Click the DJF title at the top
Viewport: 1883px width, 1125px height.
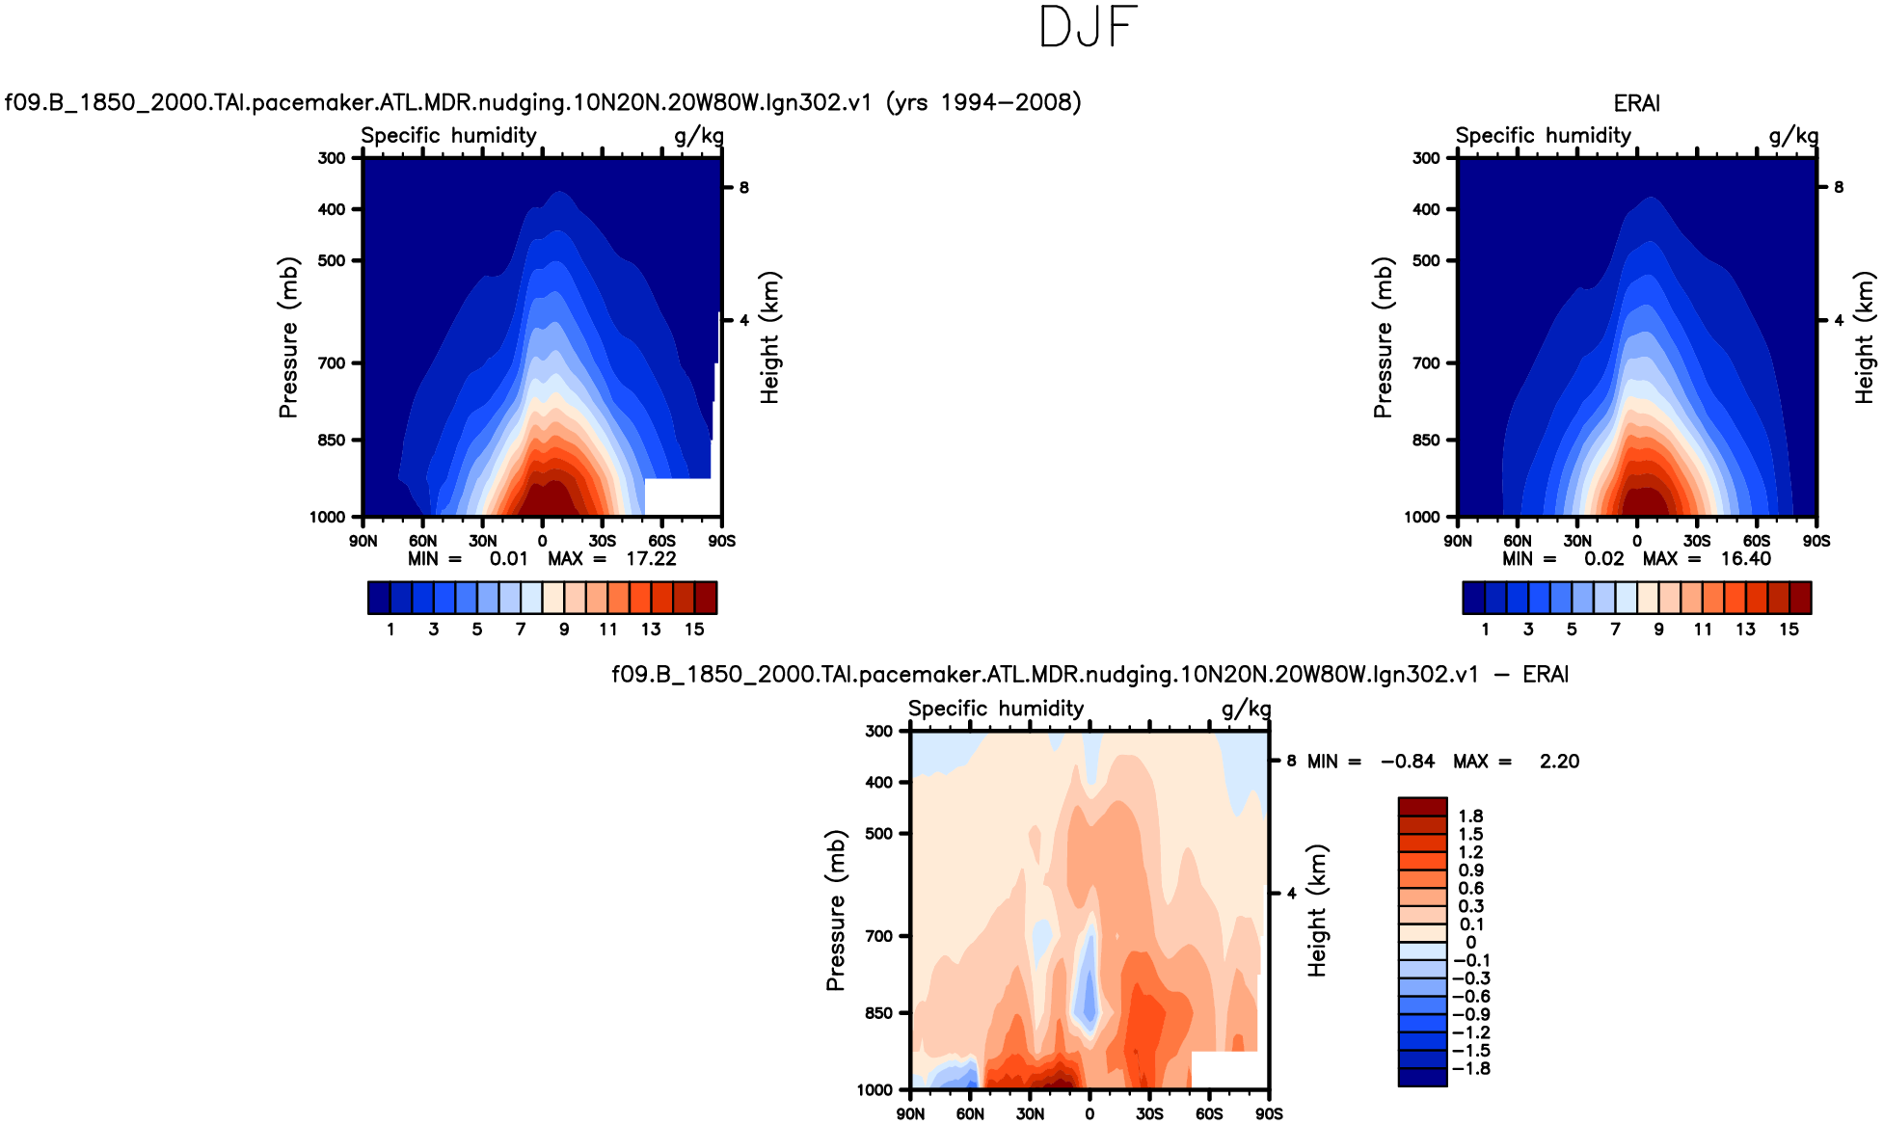pyautogui.click(x=1089, y=27)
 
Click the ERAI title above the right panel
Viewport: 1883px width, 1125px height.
pyautogui.click(x=1636, y=103)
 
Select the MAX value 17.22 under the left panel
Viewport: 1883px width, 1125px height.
pyautogui.click(x=651, y=559)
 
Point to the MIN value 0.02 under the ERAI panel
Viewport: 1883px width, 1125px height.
pyautogui.click(x=1603, y=559)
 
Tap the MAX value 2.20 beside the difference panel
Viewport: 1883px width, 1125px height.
pyautogui.click(x=1559, y=762)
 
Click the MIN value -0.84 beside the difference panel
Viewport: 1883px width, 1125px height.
pyautogui.click(x=1408, y=762)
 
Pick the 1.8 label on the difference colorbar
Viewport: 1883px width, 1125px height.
pyautogui.click(x=1470, y=817)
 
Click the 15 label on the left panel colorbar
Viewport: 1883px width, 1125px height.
pyautogui.click(x=694, y=629)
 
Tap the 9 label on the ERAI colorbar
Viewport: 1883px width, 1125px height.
pyautogui.click(x=1658, y=629)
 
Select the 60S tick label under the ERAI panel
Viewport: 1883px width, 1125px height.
pyautogui.click(x=1757, y=541)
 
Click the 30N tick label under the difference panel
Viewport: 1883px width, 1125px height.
pyautogui.click(x=1030, y=1114)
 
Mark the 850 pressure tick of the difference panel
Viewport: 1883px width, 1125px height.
pyautogui.click(x=878, y=1013)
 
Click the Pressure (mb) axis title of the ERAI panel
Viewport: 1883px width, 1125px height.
pyautogui.click(x=1383, y=337)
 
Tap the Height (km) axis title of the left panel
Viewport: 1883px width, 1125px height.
pyautogui.click(x=769, y=337)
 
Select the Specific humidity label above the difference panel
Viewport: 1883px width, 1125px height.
pyautogui.click(x=996, y=709)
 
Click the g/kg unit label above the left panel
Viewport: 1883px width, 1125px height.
pyautogui.click(x=699, y=136)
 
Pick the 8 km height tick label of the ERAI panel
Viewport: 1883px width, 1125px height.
pyautogui.click(x=1839, y=188)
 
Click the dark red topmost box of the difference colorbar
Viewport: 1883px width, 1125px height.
pyautogui.click(x=1422, y=807)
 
